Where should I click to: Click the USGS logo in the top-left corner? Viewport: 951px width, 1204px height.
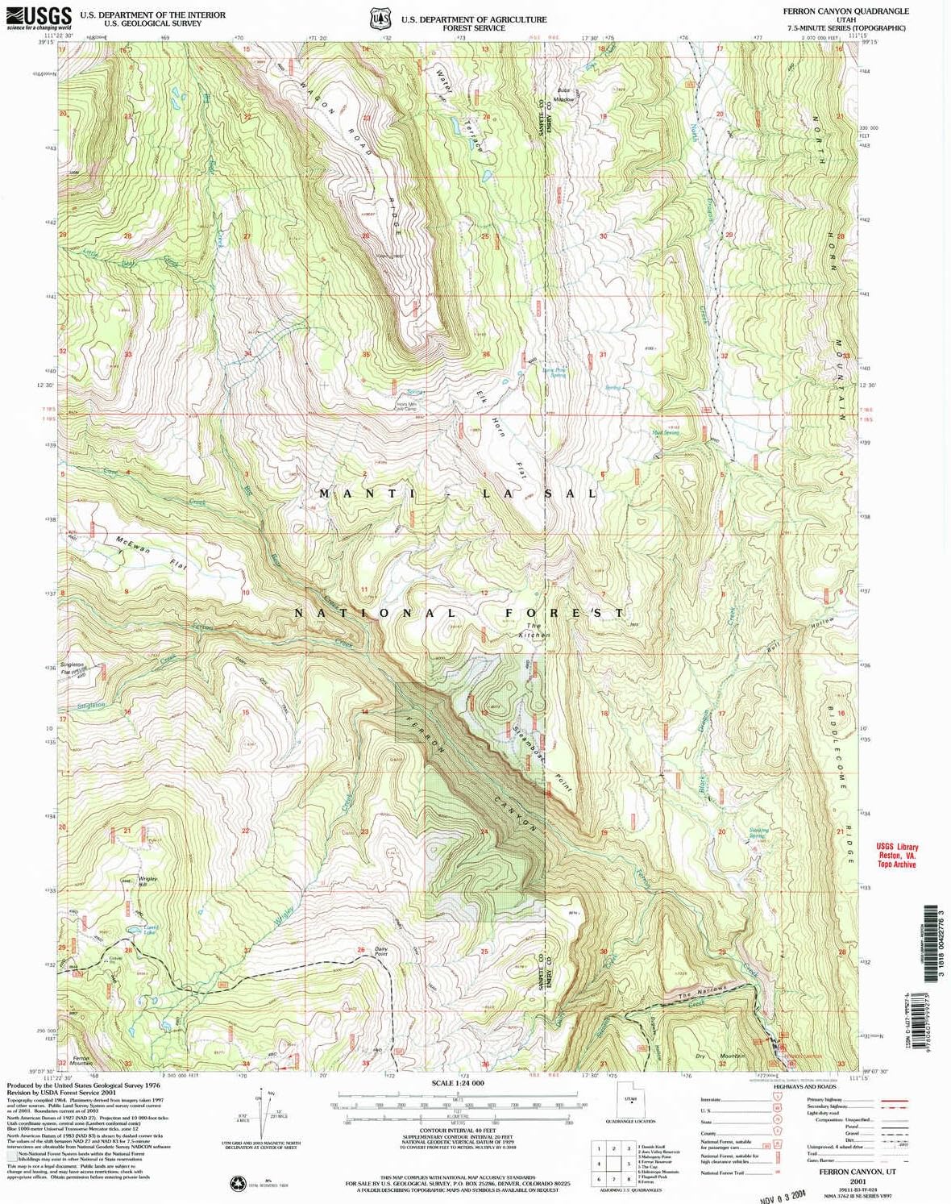click(x=39, y=17)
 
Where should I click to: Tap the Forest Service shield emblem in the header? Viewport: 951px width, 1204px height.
click(x=380, y=18)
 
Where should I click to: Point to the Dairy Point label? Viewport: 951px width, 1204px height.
click(x=381, y=952)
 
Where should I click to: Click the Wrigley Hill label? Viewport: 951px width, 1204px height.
click(x=147, y=881)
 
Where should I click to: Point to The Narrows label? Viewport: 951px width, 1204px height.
click(x=702, y=992)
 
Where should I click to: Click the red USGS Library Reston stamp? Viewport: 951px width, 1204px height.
click(x=897, y=856)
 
